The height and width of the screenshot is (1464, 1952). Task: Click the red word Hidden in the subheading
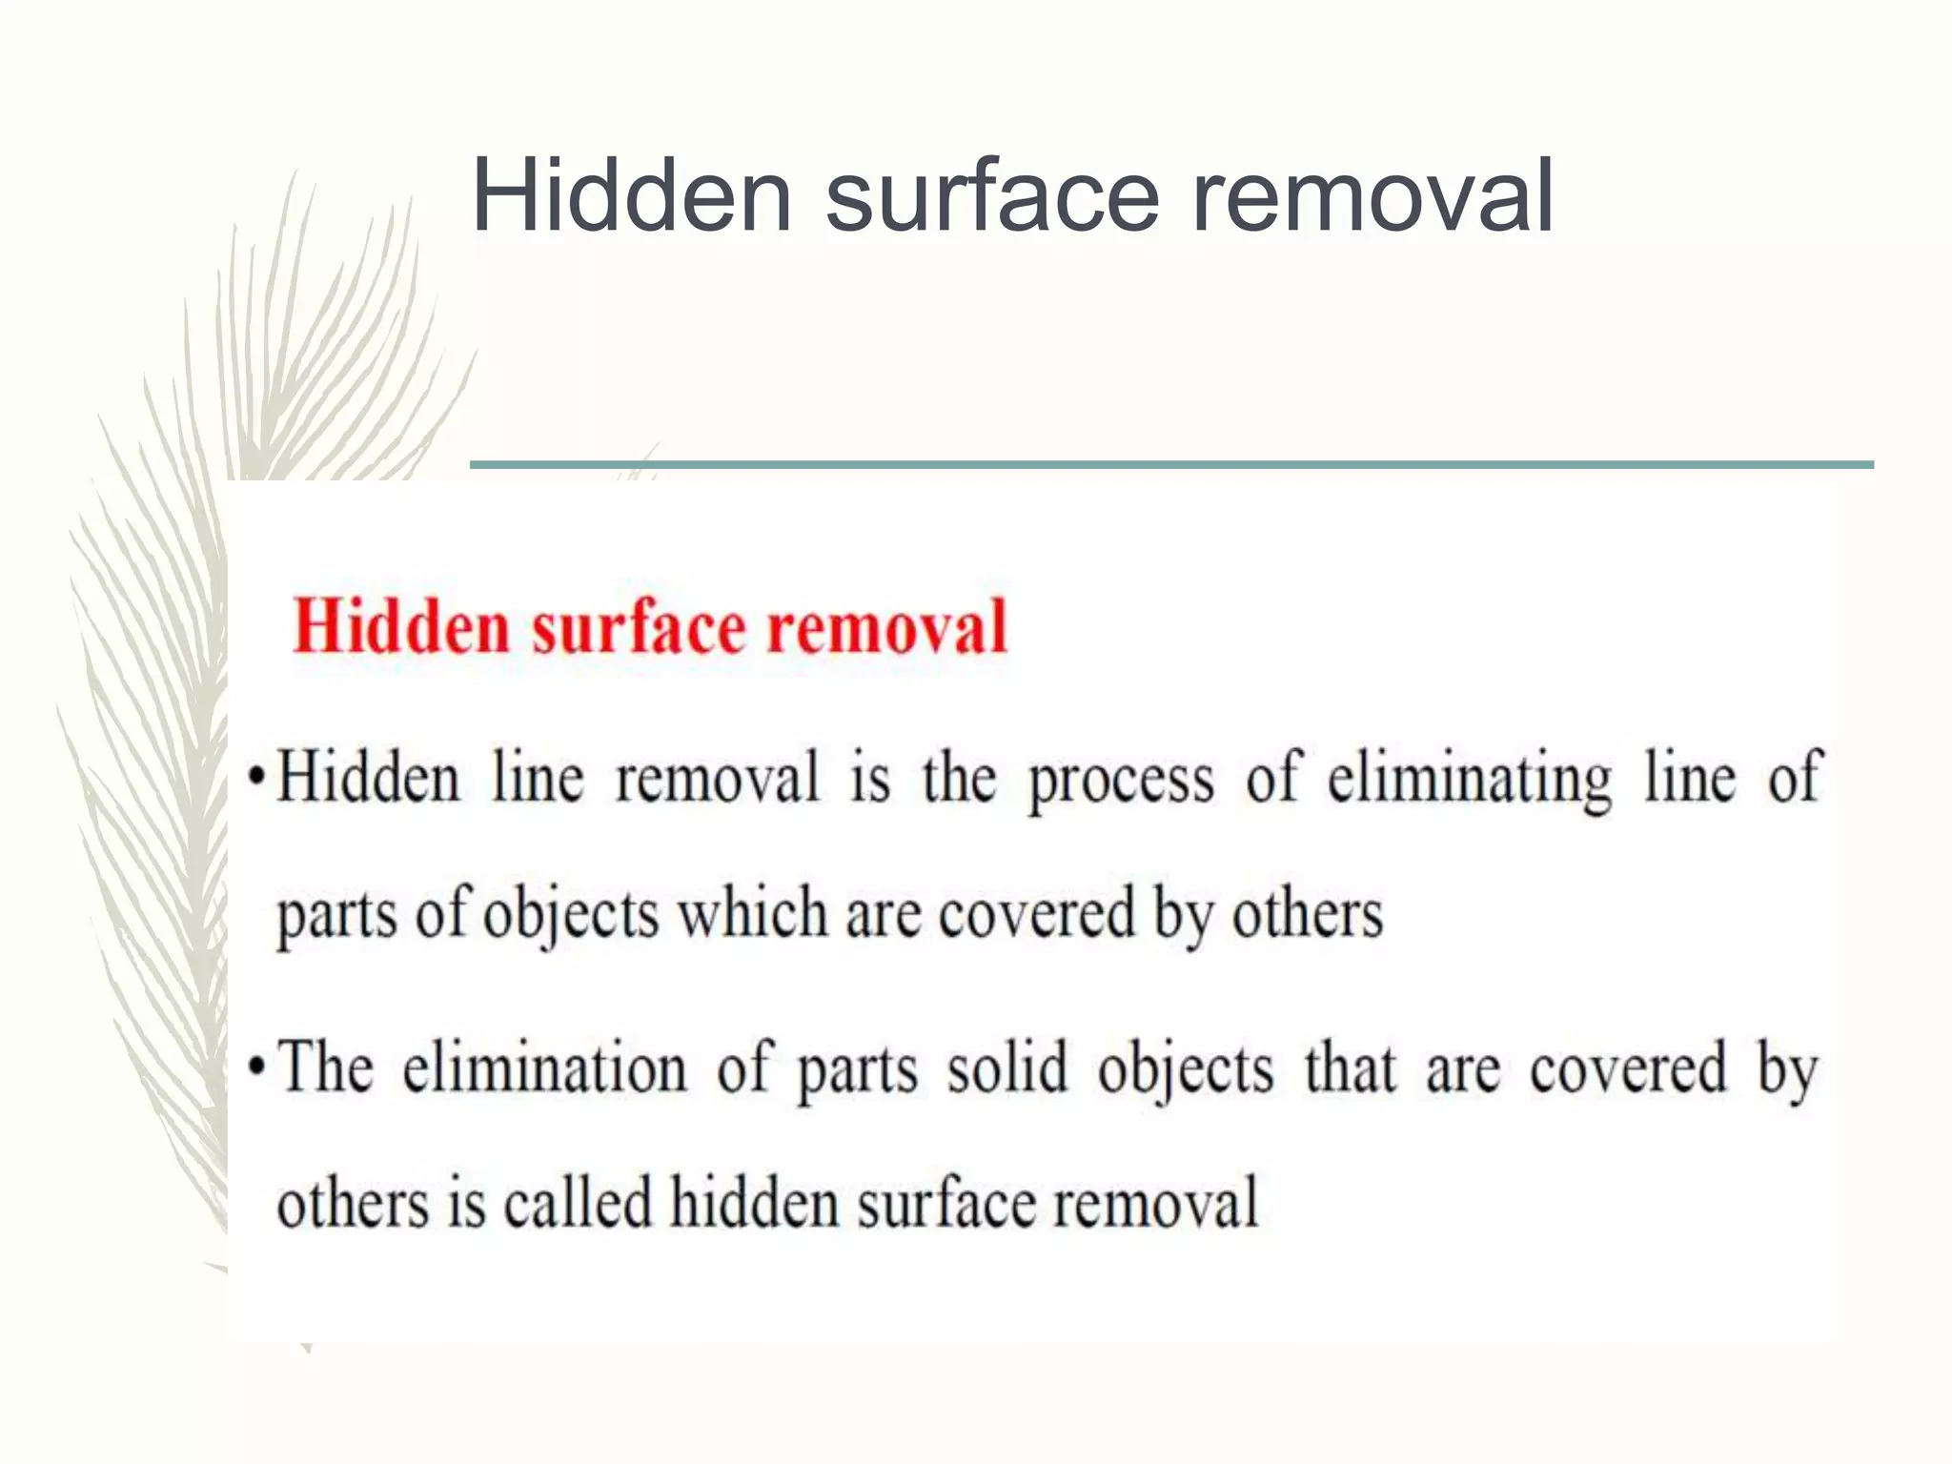pyautogui.click(x=400, y=627)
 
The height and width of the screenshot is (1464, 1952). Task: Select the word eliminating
pyautogui.click(x=1470, y=780)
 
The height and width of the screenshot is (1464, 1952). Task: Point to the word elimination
pyautogui.click(x=544, y=1067)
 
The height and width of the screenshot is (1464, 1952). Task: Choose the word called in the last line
pyautogui.click(x=578, y=1203)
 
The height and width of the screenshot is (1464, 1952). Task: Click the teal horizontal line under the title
pyautogui.click(x=1170, y=465)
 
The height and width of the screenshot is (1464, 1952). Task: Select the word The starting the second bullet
pyautogui.click(x=325, y=1067)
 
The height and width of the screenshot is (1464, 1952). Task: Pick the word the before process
pyautogui.click(x=959, y=778)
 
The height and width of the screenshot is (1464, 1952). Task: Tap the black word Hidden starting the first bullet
pyautogui.click(x=368, y=778)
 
